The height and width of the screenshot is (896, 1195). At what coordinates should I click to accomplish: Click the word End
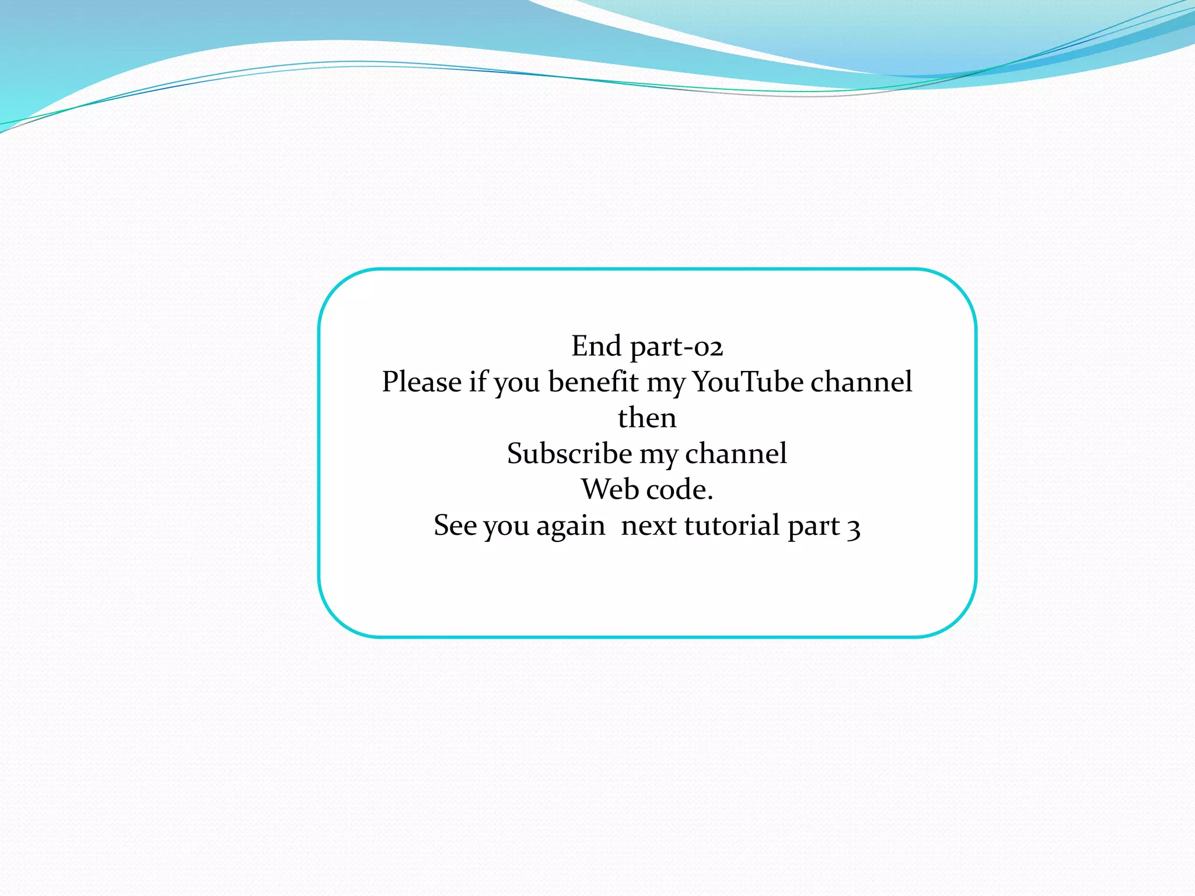[x=596, y=346]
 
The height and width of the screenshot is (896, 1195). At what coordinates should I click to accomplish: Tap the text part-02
[x=677, y=348]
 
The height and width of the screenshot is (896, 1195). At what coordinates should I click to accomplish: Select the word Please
[x=421, y=383]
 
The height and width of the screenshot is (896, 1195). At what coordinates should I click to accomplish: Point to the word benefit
[x=593, y=383]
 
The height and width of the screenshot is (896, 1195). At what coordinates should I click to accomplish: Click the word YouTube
[x=748, y=383]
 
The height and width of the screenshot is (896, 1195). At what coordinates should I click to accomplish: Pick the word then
[x=647, y=418]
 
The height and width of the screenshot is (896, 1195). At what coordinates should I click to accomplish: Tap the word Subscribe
[x=569, y=454]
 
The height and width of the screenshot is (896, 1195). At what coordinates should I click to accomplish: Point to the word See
[x=455, y=526]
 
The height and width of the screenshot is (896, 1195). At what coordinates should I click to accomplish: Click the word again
[x=570, y=527]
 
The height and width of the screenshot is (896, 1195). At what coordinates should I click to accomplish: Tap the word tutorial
[x=732, y=526]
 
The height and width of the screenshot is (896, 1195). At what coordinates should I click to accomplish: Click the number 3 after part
[x=854, y=528]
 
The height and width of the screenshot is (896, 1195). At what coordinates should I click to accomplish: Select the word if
[x=478, y=383]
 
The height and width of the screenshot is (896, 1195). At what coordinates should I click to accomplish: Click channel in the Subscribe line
[x=736, y=454]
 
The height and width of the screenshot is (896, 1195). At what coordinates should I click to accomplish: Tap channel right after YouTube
[x=861, y=383]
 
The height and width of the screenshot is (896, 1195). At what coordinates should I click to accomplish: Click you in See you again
[x=506, y=527]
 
